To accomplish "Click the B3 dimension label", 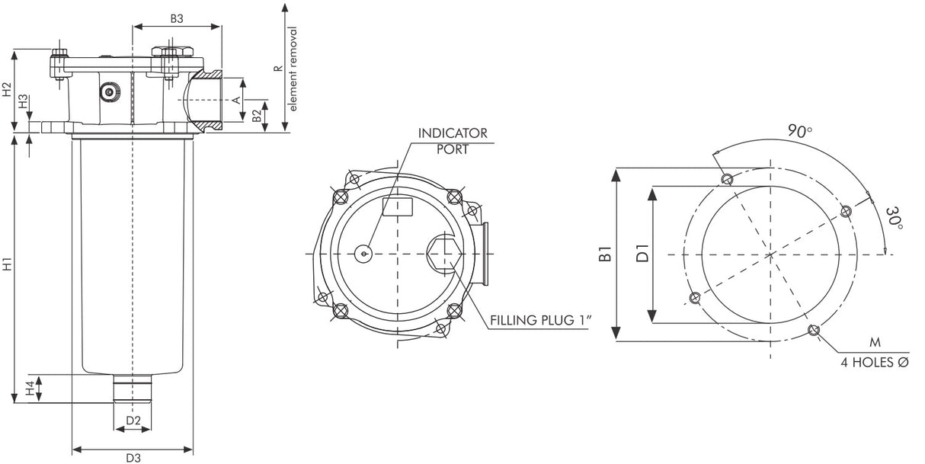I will coord(176,19).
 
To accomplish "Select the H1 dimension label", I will coord(8,267).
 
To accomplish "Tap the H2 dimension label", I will coord(8,90).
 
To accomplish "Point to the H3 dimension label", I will coord(24,101).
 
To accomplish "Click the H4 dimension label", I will coord(30,389).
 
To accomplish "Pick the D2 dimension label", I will coord(133,420).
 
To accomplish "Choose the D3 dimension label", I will coord(133,457).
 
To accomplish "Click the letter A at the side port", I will coord(236,101).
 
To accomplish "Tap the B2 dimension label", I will coord(258,116).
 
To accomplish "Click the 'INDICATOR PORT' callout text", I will coord(452,141).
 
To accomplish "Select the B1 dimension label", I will coord(606,254).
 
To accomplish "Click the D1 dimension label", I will coord(642,253).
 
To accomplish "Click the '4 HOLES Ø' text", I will coord(874,363).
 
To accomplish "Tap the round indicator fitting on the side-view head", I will coord(110,92).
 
